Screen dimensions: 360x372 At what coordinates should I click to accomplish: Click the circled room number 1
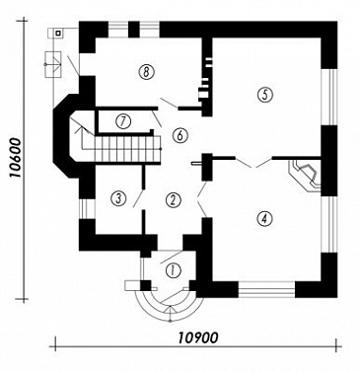(174, 270)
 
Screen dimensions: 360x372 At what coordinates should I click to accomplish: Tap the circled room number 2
(174, 199)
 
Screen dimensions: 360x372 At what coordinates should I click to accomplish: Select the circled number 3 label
(118, 198)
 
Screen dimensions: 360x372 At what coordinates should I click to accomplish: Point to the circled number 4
(265, 218)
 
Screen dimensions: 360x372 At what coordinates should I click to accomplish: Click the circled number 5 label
(265, 95)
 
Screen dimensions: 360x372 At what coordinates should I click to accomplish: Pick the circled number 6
(180, 135)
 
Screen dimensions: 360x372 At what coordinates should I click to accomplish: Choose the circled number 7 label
(123, 121)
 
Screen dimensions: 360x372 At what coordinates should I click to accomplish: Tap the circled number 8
(146, 71)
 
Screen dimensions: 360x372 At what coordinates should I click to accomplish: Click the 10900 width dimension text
(198, 337)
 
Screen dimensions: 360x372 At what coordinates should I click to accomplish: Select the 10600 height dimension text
(15, 158)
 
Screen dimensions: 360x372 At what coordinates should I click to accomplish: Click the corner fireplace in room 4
(305, 176)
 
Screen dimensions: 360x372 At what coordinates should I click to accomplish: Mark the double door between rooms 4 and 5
(253, 163)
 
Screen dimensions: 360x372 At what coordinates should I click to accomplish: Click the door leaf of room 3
(139, 198)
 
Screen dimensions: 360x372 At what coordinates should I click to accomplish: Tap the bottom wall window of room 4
(266, 289)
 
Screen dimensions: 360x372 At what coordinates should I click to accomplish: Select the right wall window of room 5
(328, 97)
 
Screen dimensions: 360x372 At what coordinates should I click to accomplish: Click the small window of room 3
(87, 208)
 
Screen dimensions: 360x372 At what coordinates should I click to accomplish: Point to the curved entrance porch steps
(170, 305)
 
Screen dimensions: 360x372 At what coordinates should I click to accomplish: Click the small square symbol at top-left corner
(58, 33)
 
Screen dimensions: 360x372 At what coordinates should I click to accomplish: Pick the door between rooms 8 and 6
(169, 103)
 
